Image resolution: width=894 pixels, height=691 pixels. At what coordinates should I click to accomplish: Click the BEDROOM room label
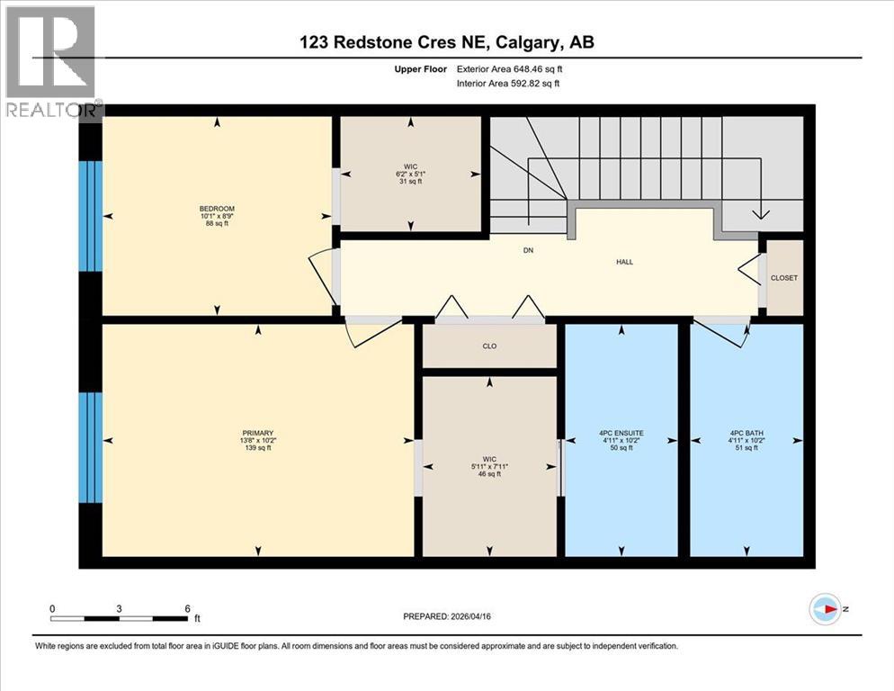pyautogui.click(x=217, y=209)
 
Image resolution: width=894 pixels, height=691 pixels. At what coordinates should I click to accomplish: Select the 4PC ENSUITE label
pyautogui.click(x=621, y=433)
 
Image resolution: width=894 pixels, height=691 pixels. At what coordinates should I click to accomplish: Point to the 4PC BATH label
pyautogui.click(x=746, y=433)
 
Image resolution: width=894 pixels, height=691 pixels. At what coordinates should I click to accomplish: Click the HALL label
pyautogui.click(x=624, y=262)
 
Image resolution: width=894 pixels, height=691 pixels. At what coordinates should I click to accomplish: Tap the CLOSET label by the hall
pyautogui.click(x=783, y=278)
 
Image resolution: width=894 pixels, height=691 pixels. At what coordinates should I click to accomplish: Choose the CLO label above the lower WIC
pyautogui.click(x=489, y=345)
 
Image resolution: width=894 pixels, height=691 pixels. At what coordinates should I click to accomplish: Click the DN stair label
pyautogui.click(x=529, y=250)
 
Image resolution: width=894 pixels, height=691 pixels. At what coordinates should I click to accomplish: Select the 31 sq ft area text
pyautogui.click(x=411, y=182)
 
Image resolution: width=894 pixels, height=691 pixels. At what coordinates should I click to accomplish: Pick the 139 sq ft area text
pyautogui.click(x=258, y=447)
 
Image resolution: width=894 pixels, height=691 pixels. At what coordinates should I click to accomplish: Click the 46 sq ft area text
pyautogui.click(x=488, y=474)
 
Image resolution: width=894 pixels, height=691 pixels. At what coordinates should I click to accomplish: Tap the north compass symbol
pyautogui.click(x=824, y=609)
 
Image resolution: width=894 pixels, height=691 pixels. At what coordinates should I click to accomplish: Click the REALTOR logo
pyautogui.click(x=50, y=61)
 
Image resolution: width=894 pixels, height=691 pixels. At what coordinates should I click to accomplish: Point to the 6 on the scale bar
pyautogui.click(x=187, y=608)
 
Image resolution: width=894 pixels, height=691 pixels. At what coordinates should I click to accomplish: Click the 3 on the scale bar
pyautogui.click(x=120, y=608)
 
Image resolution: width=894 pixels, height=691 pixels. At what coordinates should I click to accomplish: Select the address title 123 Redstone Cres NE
pyautogui.click(x=446, y=42)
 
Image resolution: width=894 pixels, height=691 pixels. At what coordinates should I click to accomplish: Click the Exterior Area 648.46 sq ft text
pyautogui.click(x=510, y=68)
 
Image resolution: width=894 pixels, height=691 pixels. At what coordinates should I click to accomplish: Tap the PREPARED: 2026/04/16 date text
pyautogui.click(x=446, y=616)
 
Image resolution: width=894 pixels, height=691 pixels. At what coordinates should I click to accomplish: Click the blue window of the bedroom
pyautogui.click(x=90, y=216)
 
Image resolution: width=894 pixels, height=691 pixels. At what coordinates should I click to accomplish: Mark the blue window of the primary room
pyautogui.click(x=90, y=447)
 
